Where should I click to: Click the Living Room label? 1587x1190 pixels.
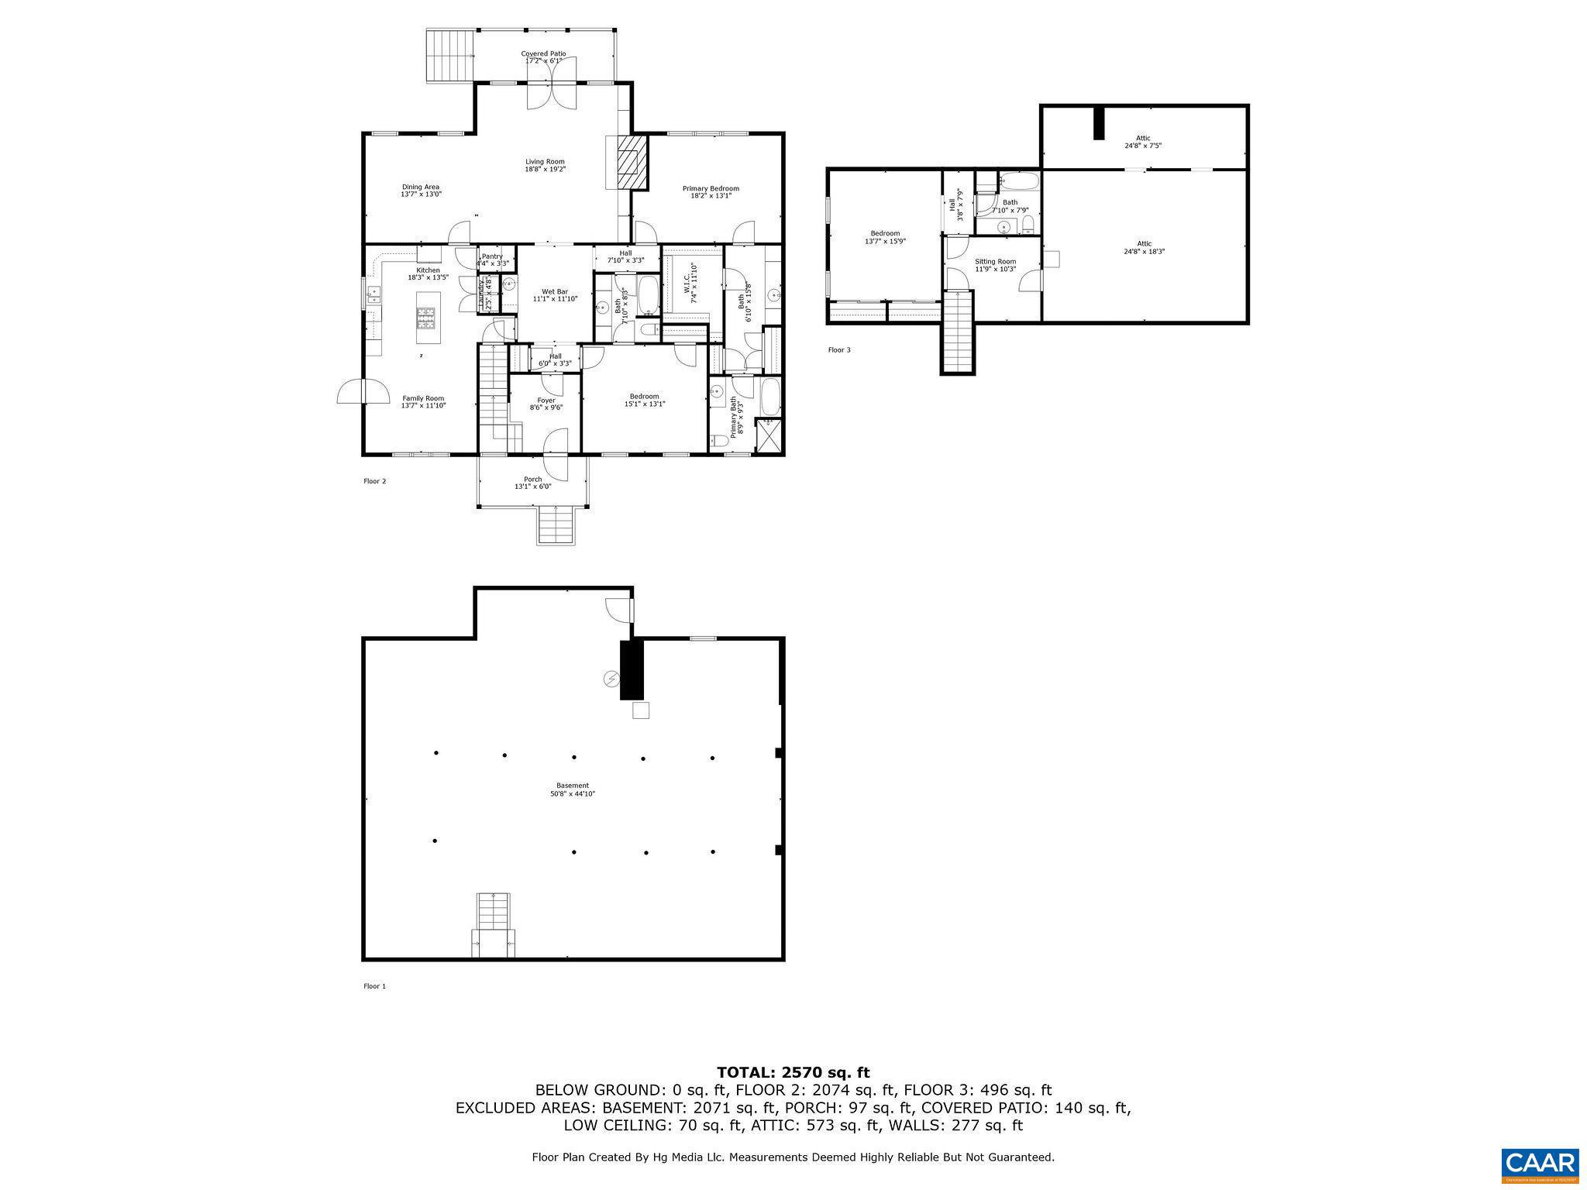tap(545, 165)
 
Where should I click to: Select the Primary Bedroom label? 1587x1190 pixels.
tap(710, 192)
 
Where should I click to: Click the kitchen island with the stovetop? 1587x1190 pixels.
tap(428, 318)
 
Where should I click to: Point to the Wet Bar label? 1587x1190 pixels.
tap(555, 295)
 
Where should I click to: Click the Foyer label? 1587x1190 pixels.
tap(546, 404)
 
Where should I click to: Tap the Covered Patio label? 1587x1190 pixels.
tap(543, 57)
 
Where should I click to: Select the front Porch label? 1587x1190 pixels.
tap(532, 483)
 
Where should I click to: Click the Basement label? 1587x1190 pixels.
tap(572, 789)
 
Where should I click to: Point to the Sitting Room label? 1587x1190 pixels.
tap(995, 265)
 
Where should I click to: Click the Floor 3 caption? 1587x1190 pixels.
tap(838, 350)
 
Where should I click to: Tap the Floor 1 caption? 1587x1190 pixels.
tap(374, 986)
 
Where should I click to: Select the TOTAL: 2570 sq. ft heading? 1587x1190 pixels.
tap(793, 1073)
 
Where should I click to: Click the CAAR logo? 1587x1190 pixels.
tap(1539, 1164)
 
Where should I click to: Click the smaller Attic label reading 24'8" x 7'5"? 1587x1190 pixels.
tap(1143, 142)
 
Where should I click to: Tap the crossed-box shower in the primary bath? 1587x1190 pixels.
tap(768, 435)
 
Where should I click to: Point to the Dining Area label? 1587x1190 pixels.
tap(420, 191)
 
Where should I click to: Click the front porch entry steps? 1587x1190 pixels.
tap(556, 524)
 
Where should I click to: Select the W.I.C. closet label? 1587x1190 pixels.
tap(691, 283)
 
